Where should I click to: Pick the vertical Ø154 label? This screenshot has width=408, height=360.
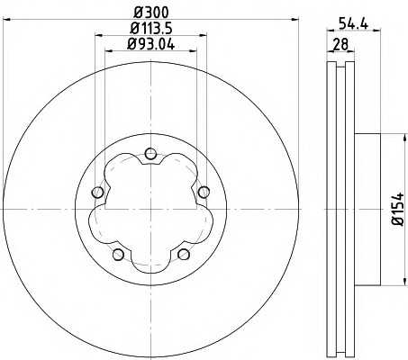pos(394,211)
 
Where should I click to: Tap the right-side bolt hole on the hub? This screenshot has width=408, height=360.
pos(204,191)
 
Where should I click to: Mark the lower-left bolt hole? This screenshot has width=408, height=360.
pos(118,255)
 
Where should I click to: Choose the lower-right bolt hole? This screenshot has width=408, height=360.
pos(184,255)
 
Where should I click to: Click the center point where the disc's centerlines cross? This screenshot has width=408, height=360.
pos(151,209)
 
